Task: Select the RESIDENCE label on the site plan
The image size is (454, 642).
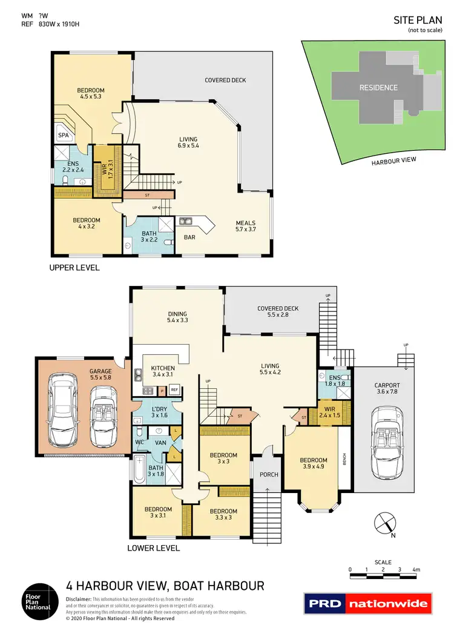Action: (x=378, y=87)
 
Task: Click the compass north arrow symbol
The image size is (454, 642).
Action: (x=384, y=525)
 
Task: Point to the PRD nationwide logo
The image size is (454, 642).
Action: (x=367, y=603)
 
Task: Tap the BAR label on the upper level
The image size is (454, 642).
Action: (x=189, y=237)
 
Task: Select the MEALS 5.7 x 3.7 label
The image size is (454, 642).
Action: (x=246, y=226)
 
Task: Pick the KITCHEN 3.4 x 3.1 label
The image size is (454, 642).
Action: (x=163, y=371)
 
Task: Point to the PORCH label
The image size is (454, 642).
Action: (x=268, y=474)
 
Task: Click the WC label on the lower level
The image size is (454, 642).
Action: (x=139, y=442)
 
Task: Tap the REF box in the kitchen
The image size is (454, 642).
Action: (x=174, y=390)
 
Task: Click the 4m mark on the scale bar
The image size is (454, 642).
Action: (x=416, y=570)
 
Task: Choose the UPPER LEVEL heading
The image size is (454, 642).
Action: (x=75, y=267)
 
